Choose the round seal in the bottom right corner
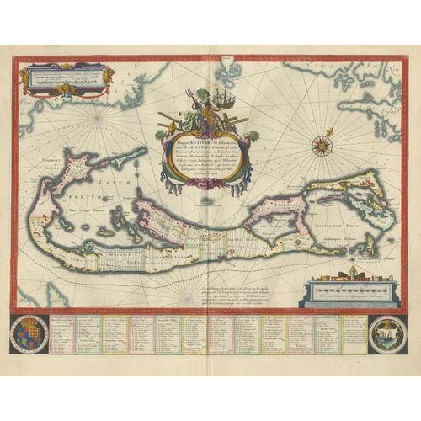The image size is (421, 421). tap(392, 334)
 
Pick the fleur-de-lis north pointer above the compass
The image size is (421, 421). tap(330, 131)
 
